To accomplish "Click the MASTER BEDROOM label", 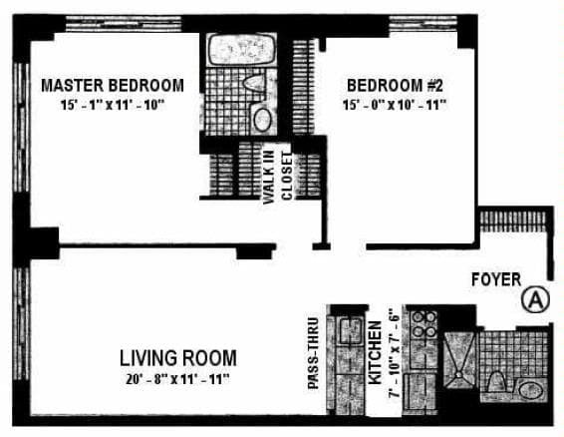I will [112, 85].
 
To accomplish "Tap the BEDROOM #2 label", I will [395, 85].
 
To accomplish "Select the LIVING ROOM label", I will [178, 357].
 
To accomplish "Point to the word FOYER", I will [495, 279].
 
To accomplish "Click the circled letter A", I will [535, 298].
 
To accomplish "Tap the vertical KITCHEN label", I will [376, 354].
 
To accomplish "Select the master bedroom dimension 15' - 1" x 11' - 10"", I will [112, 104].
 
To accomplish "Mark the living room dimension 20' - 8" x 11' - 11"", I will [176, 379].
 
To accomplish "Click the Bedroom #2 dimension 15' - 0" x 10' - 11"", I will [395, 104].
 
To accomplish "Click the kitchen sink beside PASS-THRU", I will [349, 331].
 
